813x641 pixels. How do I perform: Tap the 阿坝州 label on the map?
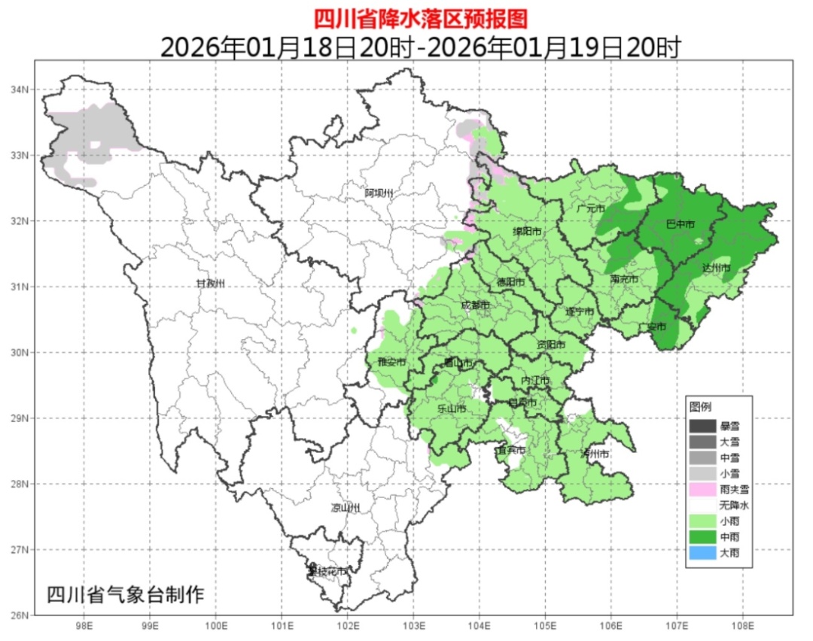click(379, 193)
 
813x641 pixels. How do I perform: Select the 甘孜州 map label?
click(211, 284)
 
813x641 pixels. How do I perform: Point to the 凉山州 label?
click(346, 508)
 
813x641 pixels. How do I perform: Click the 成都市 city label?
click(475, 305)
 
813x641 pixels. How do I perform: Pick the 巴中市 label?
click(681, 225)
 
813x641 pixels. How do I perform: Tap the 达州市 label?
click(716, 268)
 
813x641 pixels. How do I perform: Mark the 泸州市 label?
click(595, 454)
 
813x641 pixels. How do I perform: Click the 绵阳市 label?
click(527, 232)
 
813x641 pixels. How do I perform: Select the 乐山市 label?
click(452, 409)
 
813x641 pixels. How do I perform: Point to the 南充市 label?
click(624, 279)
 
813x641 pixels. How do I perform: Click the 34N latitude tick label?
click(19, 90)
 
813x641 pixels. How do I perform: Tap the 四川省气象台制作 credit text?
click(125, 594)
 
